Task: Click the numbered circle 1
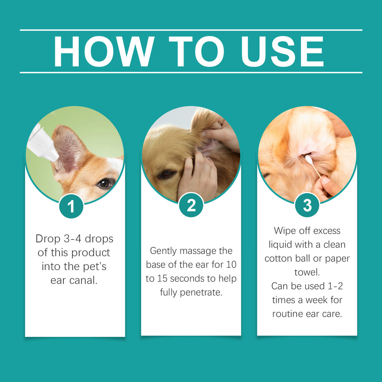[x=71, y=206]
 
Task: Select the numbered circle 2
[x=191, y=205]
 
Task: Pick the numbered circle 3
[x=307, y=205]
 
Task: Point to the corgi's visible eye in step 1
[x=104, y=183]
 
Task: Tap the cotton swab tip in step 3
[x=308, y=159]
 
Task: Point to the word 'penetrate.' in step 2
[x=201, y=292]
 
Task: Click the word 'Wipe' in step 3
[x=285, y=231]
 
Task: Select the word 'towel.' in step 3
[x=307, y=272]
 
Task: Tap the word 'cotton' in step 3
[x=280, y=259]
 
